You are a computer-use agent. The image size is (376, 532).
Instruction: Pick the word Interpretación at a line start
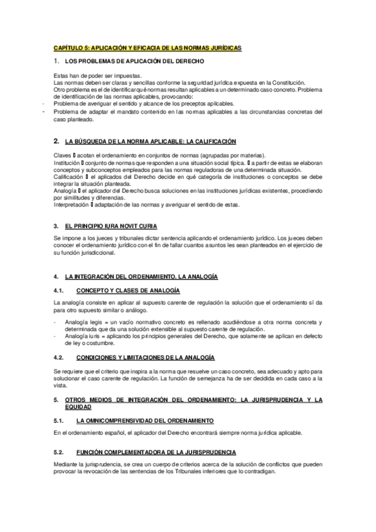[x=71, y=205]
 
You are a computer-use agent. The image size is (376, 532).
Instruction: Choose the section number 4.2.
[x=58, y=357]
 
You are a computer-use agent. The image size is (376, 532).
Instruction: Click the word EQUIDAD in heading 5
[x=68, y=406]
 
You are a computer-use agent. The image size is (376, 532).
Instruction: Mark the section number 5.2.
[x=58, y=452]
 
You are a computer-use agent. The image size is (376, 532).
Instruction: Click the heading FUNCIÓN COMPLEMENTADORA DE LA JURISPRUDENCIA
[x=156, y=452]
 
